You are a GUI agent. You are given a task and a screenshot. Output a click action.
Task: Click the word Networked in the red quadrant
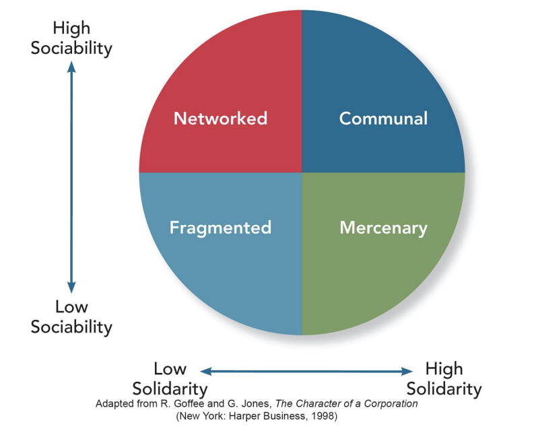click(x=220, y=119)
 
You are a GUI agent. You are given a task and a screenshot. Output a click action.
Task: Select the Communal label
click(x=383, y=119)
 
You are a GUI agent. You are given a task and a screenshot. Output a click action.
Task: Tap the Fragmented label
click(x=220, y=227)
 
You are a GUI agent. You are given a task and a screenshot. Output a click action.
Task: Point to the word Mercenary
click(x=383, y=228)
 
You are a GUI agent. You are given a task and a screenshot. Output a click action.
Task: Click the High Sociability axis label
click(x=71, y=38)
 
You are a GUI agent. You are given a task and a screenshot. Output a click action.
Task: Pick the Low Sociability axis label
click(x=71, y=317)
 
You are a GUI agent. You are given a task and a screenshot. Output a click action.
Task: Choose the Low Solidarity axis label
click(x=170, y=379)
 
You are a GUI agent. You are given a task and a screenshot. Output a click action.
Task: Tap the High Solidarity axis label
click(x=444, y=379)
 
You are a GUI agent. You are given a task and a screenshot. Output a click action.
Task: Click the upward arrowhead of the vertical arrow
click(x=72, y=67)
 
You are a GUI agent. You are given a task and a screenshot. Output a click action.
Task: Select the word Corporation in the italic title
click(x=389, y=404)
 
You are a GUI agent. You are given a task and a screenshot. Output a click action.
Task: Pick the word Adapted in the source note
click(x=114, y=404)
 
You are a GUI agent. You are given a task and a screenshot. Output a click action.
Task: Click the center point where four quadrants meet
click(x=302, y=172)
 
